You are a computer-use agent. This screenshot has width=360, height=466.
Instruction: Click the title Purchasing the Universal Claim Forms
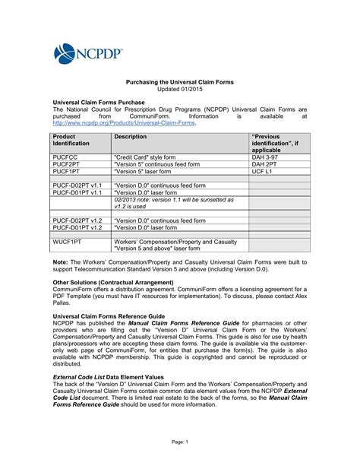pos(179,81)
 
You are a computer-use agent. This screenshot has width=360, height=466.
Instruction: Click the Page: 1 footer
pos(179,442)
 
